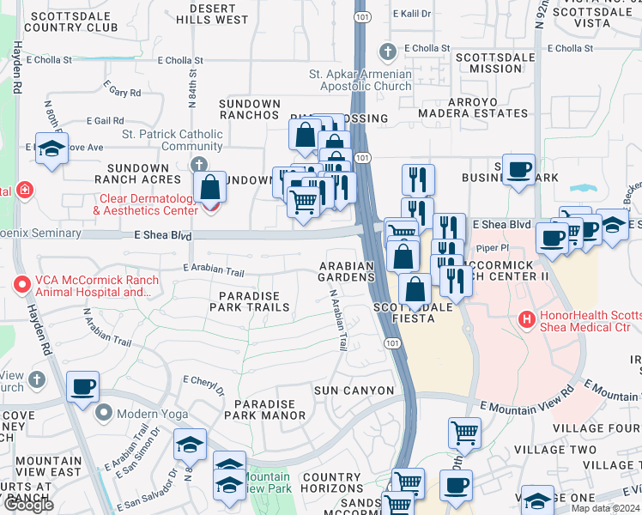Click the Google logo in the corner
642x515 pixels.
(x=28, y=505)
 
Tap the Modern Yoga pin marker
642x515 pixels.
(x=105, y=413)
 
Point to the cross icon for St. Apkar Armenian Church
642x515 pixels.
(x=388, y=51)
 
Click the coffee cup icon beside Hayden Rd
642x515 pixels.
(x=83, y=386)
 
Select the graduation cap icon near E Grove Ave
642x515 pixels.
(x=51, y=148)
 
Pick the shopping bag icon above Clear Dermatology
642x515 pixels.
(x=209, y=186)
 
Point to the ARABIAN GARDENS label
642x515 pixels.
(x=347, y=271)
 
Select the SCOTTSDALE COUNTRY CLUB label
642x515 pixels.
(x=70, y=21)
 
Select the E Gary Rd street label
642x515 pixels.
(x=122, y=91)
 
